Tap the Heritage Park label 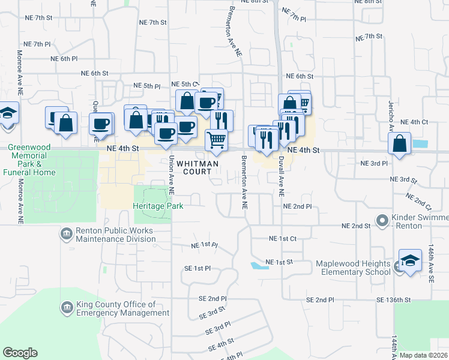pyautogui.click(x=158, y=206)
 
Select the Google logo pyautogui.click(x=20, y=353)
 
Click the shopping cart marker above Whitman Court pyautogui.click(x=217, y=140)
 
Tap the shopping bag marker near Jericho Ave pyautogui.click(x=399, y=143)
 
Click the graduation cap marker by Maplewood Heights pyautogui.click(x=410, y=261)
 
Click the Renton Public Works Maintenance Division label pyautogui.click(x=115, y=235)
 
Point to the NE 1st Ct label pyautogui.click(x=283, y=239)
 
